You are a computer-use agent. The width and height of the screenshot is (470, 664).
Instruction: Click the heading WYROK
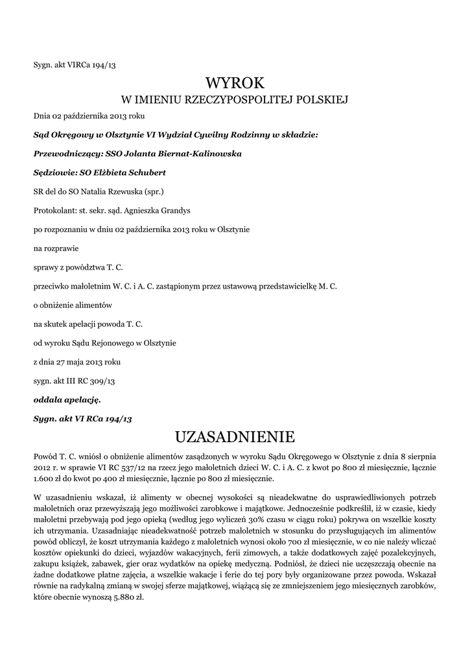(235, 83)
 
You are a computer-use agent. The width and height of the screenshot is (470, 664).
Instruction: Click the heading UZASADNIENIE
(235, 434)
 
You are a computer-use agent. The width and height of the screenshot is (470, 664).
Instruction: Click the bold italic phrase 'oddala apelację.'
(67, 399)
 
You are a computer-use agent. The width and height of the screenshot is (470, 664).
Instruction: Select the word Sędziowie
(54, 173)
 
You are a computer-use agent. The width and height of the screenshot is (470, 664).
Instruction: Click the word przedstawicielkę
(287, 286)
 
